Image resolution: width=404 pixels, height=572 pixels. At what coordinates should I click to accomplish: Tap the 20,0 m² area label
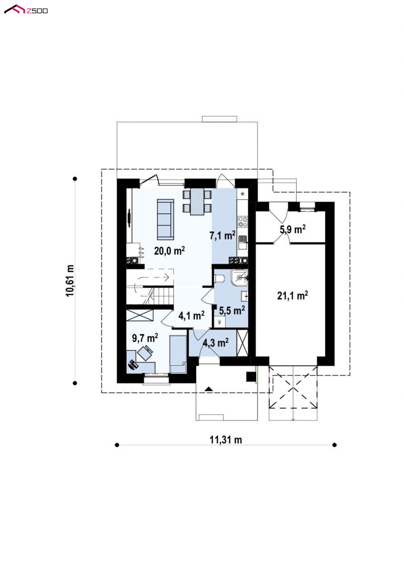click(169, 250)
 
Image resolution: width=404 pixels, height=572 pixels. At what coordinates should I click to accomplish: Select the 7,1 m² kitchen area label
click(222, 235)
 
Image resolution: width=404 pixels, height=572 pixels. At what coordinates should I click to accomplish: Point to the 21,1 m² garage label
click(293, 295)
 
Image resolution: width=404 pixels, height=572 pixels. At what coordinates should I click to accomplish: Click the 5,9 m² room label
click(293, 229)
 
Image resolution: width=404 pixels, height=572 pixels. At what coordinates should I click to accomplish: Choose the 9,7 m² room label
click(145, 338)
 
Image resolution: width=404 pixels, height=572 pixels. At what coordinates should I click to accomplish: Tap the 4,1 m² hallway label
click(191, 316)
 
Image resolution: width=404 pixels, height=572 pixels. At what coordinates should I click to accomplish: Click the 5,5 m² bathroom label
click(232, 310)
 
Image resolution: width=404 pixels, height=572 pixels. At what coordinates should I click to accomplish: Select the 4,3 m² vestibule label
click(216, 343)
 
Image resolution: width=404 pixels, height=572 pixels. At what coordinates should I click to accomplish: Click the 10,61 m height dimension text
click(70, 280)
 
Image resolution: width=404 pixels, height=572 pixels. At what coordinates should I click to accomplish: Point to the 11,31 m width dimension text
click(226, 440)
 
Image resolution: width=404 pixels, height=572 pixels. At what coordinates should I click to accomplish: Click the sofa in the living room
click(166, 219)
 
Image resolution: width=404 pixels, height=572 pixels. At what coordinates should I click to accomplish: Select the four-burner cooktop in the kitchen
click(242, 222)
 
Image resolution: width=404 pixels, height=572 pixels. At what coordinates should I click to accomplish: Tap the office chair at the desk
click(145, 353)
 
